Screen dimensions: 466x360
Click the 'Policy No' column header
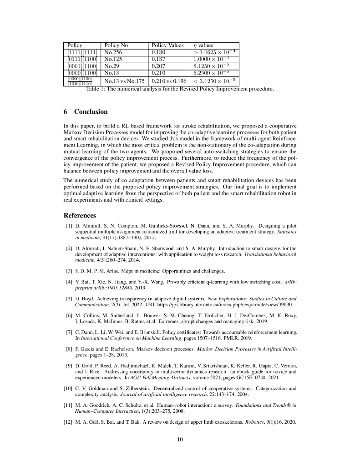click(x=116, y=46)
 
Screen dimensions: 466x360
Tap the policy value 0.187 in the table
click(x=158, y=59)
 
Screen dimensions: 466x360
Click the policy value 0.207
click(x=158, y=66)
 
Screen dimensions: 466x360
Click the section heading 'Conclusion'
click(x=91, y=111)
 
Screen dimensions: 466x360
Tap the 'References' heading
click(x=80, y=215)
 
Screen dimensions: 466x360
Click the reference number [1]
click(x=69, y=226)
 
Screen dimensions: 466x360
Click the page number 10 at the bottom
click(x=180, y=439)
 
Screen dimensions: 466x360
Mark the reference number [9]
click(x=69, y=366)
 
